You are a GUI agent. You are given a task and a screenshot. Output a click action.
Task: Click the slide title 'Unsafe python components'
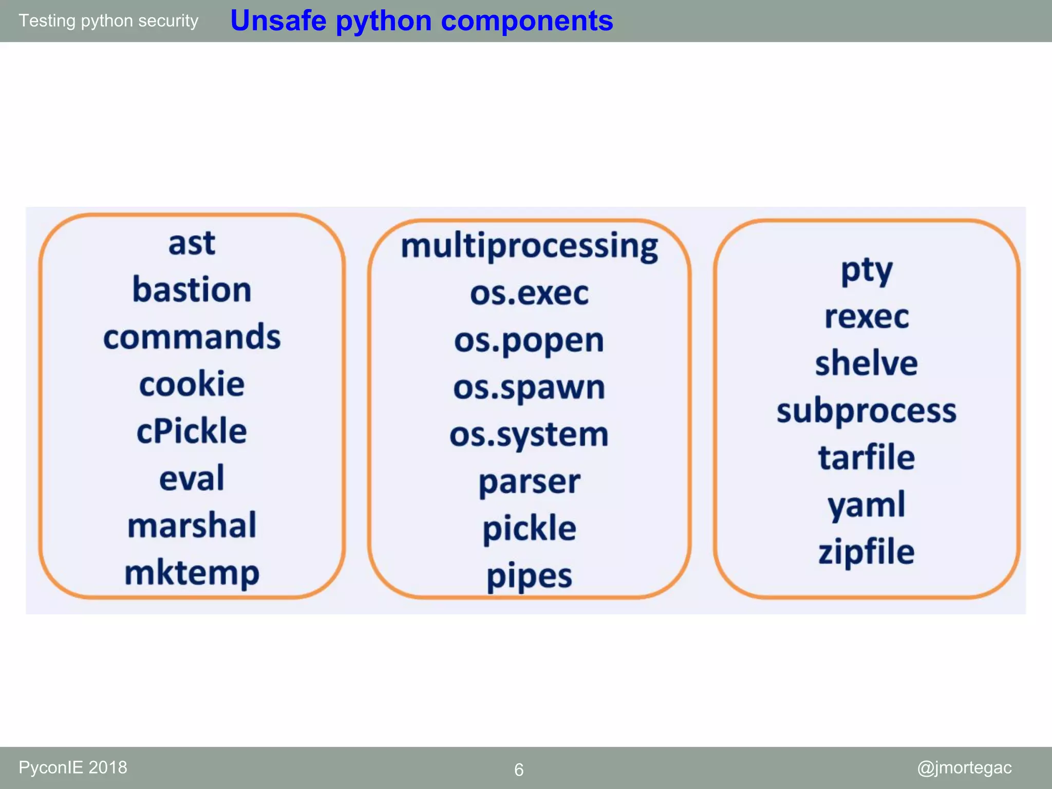pos(421,21)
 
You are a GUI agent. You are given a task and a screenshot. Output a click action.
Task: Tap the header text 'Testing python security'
pos(108,21)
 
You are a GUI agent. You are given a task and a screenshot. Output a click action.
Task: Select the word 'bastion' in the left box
pos(192,290)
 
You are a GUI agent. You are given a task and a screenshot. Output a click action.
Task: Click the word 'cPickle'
pos(192,431)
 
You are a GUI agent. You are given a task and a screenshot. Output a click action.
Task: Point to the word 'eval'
pos(192,478)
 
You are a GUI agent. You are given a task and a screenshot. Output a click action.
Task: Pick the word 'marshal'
pos(192,525)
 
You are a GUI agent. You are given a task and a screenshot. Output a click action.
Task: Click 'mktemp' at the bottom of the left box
pos(192,573)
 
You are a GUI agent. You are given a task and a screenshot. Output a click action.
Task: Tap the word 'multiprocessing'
pos(529,246)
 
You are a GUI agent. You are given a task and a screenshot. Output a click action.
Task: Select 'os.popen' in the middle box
pos(529,341)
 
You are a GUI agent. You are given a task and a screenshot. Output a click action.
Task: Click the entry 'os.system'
pos(529,435)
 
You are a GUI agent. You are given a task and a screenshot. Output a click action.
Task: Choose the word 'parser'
pos(529,482)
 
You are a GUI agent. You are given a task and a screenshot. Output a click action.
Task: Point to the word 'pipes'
pos(529,576)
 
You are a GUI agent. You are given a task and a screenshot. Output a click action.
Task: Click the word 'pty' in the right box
pos(867,271)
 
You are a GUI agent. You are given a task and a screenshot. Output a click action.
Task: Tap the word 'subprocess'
pos(867,411)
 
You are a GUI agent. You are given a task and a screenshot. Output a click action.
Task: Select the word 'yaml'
pos(867,505)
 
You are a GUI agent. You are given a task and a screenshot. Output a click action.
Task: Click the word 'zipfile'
pos(867,552)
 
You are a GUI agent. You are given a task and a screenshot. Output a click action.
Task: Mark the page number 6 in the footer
pos(519,769)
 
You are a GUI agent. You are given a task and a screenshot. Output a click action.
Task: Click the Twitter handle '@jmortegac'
pos(964,767)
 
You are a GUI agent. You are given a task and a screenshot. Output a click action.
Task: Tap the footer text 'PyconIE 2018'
pos(73,767)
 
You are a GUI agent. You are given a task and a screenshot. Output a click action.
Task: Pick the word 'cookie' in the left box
pos(192,384)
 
